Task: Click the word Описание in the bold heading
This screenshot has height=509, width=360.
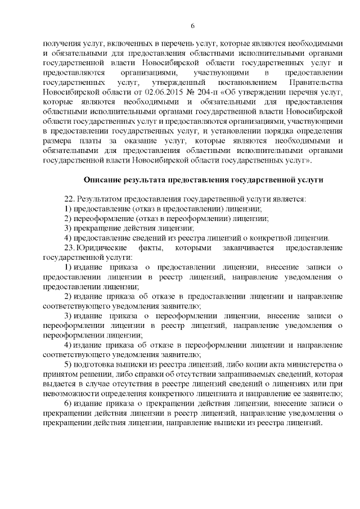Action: pyautogui.click(x=103, y=180)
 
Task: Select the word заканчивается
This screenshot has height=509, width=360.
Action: pyautogui.click(x=247, y=247)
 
